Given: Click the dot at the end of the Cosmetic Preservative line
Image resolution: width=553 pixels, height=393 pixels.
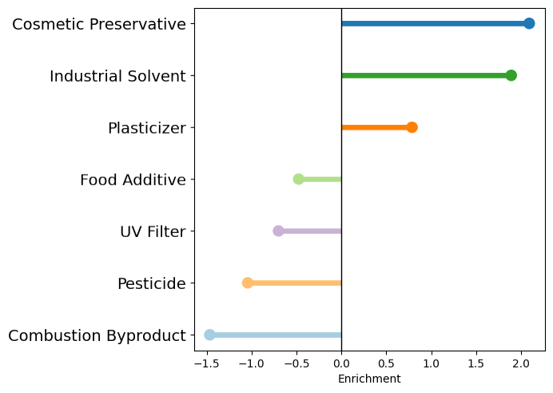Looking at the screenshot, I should [x=529, y=23].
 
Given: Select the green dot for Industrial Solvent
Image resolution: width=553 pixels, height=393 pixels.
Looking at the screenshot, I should [x=511, y=75].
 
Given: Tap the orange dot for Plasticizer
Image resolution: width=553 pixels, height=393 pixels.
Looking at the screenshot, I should [x=412, y=127].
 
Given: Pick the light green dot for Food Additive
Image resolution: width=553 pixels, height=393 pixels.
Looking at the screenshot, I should [x=299, y=178].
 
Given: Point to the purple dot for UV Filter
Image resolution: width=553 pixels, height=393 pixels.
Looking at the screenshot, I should [x=278, y=231].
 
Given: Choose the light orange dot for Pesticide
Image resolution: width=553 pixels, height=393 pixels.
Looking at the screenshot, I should [x=248, y=283].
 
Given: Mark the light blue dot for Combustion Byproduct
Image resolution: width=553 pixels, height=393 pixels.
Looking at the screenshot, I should [x=209, y=335].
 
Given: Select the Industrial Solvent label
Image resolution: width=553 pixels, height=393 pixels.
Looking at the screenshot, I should [x=117, y=76].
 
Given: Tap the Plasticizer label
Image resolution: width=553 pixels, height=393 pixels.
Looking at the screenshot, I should [x=147, y=128].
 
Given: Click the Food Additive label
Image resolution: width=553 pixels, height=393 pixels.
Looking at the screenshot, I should [x=133, y=180].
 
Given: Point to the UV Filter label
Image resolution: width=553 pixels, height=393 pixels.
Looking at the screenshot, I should [x=153, y=232].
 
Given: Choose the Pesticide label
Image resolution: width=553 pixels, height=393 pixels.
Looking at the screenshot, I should [x=151, y=284].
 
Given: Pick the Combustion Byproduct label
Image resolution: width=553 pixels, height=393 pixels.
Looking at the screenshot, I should [x=97, y=336].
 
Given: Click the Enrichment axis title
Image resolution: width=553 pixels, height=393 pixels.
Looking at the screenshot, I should [x=369, y=379].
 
